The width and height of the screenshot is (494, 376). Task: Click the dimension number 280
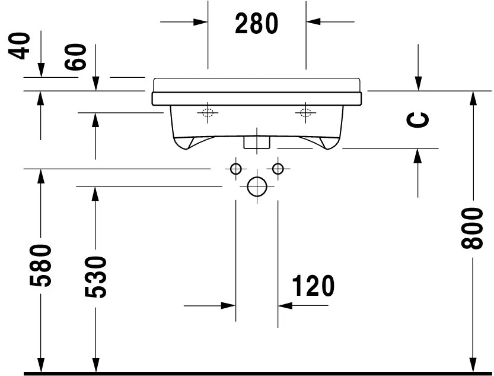[x=256, y=23]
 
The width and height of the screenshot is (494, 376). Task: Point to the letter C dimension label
[x=419, y=119]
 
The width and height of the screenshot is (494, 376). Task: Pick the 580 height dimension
[x=41, y=264]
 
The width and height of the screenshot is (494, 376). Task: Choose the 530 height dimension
[x=95, y=277]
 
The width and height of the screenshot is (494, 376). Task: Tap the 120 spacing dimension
[x=313, y=286]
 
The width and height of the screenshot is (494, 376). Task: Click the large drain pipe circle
[x=257, y=187]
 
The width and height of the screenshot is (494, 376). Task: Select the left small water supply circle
[x=236, y=169]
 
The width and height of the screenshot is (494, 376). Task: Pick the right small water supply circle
[x=278, y=169]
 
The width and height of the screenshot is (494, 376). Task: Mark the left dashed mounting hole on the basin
[x=208, y=113]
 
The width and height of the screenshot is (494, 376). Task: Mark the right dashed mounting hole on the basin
[x=306, y=113]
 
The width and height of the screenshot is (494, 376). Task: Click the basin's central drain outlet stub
[x=257, y=142]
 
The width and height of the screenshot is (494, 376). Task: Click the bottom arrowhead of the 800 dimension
[x=473, y=362]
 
